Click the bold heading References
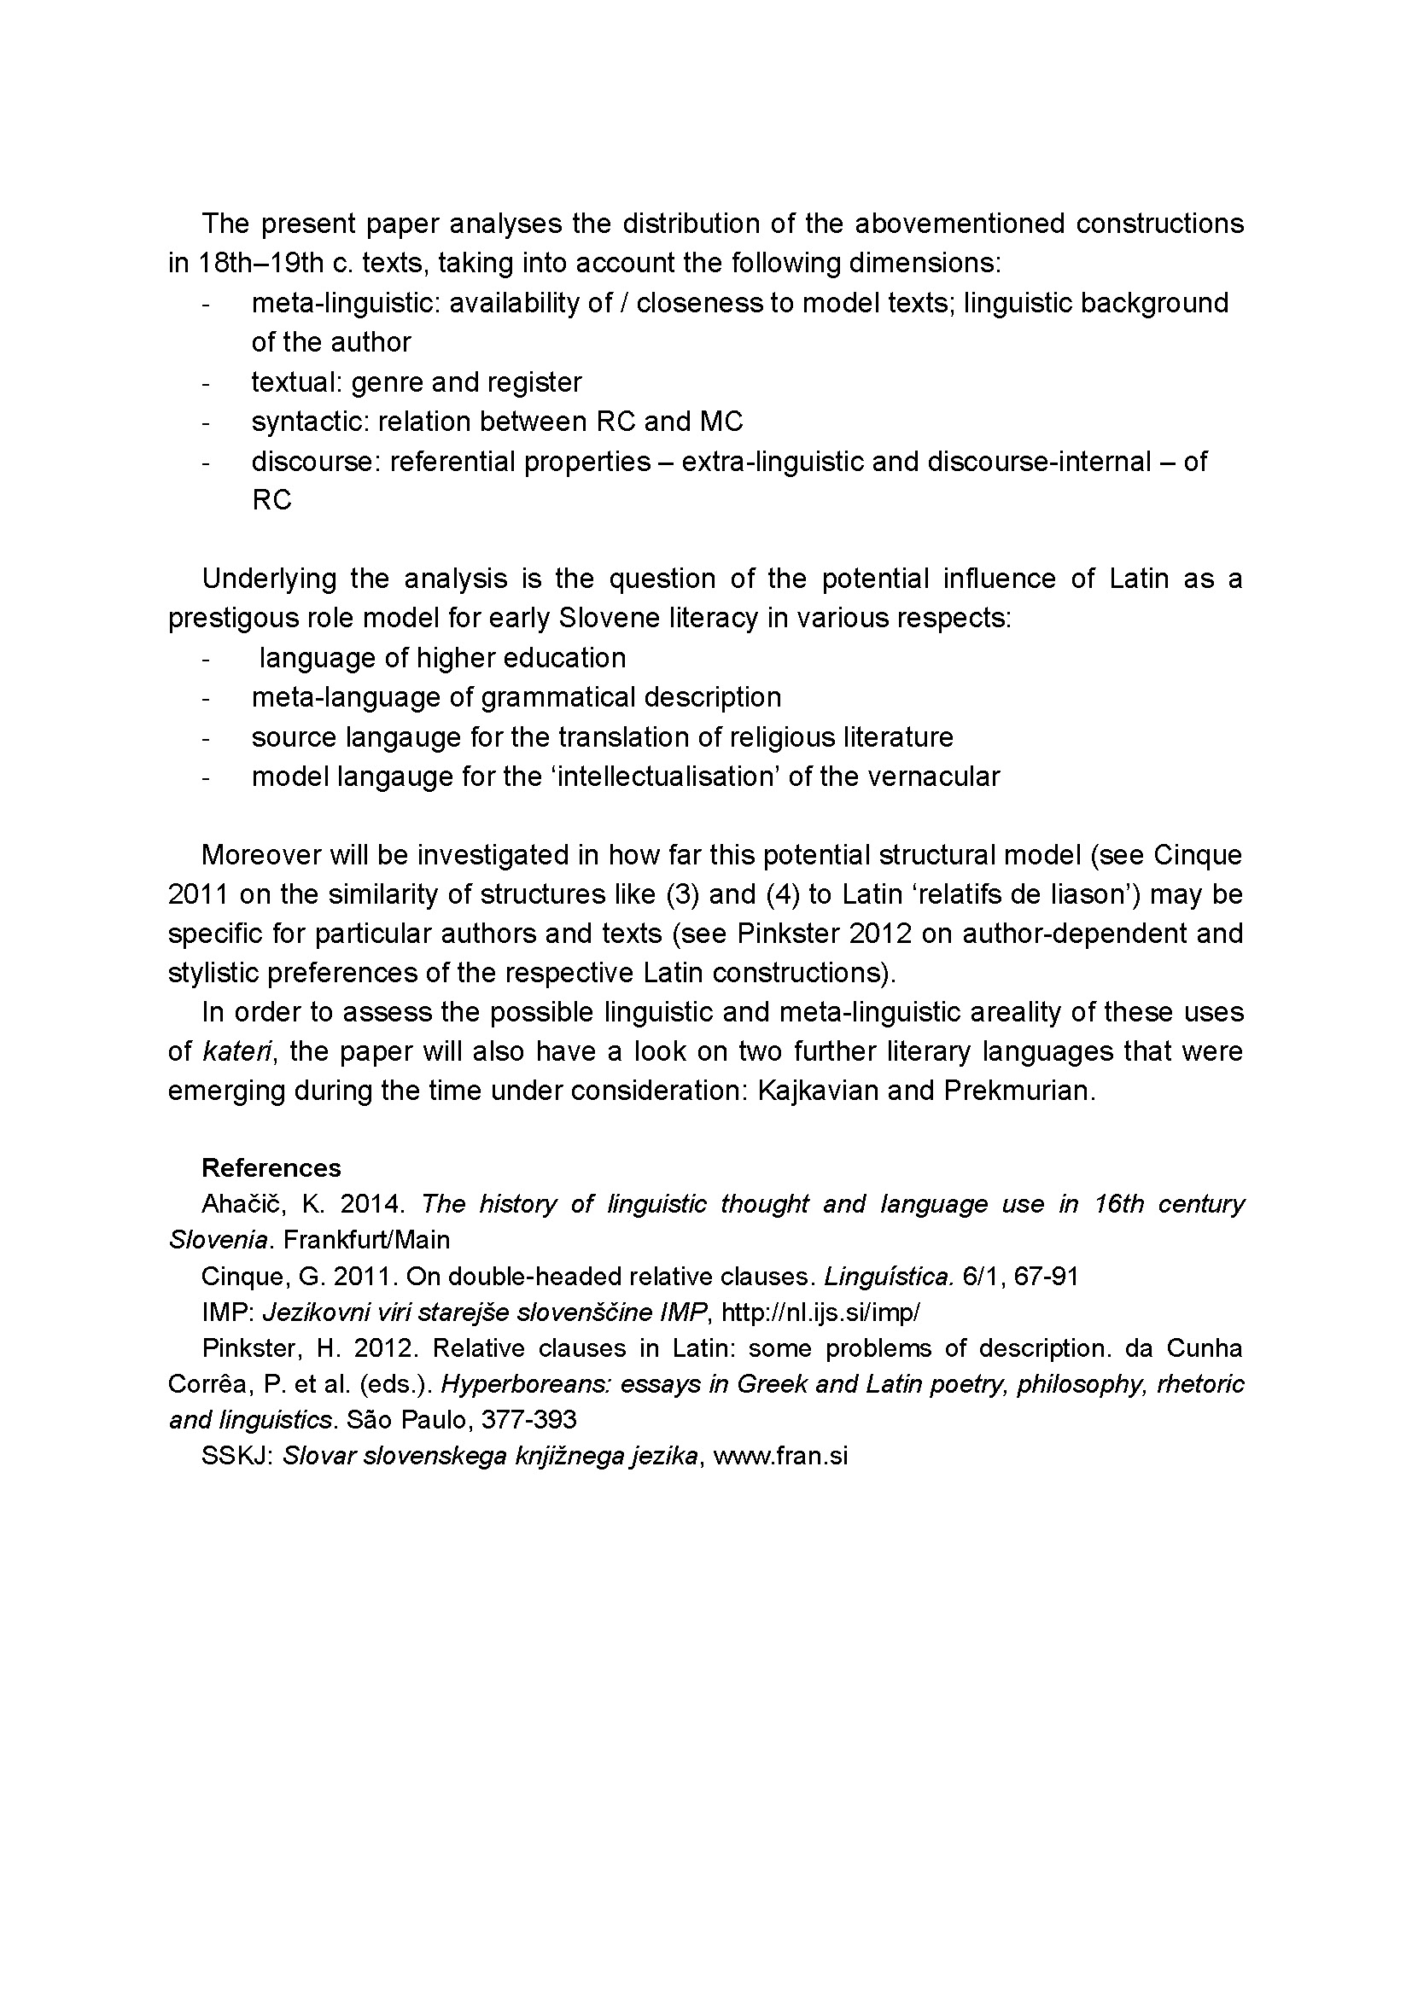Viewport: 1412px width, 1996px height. point(271,1167)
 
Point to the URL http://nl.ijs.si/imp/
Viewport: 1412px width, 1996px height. point(820,1312)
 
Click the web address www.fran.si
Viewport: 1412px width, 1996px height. point(780,1456)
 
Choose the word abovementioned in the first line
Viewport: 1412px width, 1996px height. point(959,224)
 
